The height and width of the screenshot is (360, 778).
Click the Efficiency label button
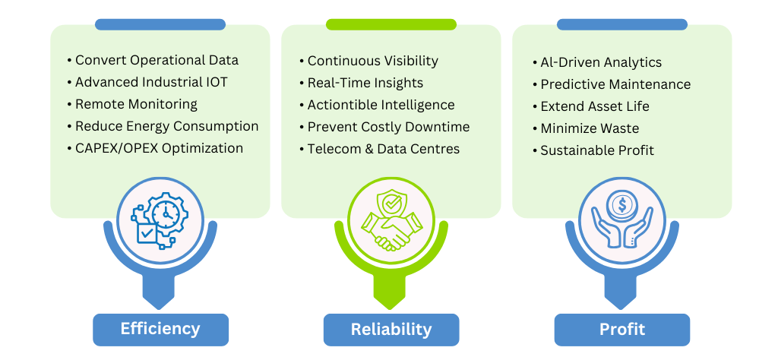click(x=160, y=329)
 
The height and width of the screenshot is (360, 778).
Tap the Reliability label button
click(x=391, y=329)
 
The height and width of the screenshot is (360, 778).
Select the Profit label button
click(x=621, y=329)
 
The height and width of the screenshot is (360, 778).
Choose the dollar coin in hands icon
click(x=621, y=220)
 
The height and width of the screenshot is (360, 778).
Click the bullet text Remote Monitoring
click(x=136, y=104)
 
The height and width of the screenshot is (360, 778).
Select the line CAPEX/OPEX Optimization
click(x=159, y=148)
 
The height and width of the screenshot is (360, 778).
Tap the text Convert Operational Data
click(x=157, y=60)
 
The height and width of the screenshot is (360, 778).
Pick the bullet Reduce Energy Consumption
click(x=166, y=126)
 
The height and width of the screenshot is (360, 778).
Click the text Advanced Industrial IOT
click(x=151, y=82)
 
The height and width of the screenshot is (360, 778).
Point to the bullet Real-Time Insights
click(x=365, y=83)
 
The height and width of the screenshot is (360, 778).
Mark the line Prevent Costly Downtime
click(x=388, y=127)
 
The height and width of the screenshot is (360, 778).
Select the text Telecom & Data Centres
click(x=384, y=149)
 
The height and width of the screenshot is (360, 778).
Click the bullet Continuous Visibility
click(x=372, y=61)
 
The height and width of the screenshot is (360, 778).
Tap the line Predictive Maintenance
click(x=615, y=84)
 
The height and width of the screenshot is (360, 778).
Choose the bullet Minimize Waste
click(x=590, y=128)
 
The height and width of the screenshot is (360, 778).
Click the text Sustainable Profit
click(x=597, y=150)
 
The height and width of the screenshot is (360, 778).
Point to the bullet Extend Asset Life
click(x=595, y=106)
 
